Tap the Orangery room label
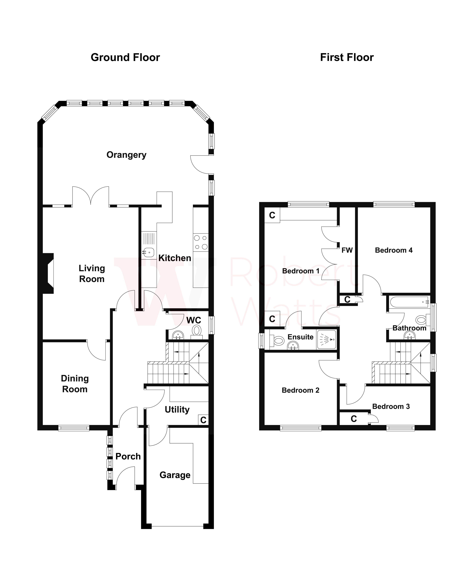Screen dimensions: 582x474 126,155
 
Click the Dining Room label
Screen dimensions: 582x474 75,384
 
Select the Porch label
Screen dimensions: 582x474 128,456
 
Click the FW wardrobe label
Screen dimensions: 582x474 347,250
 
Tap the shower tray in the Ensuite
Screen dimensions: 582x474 327,339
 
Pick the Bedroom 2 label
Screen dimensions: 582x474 300,390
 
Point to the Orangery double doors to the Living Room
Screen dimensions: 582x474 91,196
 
